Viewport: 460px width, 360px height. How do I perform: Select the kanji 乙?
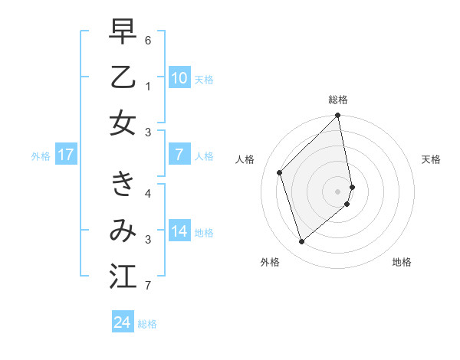pos(123,78)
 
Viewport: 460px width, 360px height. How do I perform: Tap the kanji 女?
pos(123,123)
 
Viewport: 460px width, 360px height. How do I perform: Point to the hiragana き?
pos(123,185)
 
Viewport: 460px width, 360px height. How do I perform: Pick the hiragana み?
pos(123,230)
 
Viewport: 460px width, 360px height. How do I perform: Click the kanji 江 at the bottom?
pos(123,275)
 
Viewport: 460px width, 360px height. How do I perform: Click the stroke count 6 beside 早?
pos(148,39)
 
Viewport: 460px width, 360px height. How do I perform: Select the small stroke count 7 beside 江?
pos(148,286)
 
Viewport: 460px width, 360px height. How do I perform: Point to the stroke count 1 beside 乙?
pos(148,86)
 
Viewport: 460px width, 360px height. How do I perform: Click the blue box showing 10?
pos(179,78)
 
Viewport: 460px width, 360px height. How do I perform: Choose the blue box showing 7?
pos(179,155)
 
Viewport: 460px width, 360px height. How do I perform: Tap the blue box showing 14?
pos(179,232)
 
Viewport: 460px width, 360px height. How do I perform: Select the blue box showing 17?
pos(66,155)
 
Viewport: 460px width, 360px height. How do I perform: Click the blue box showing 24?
pos(123,322)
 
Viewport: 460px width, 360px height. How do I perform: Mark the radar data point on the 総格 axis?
pos(338,116)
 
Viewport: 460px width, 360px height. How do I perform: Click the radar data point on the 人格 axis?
pos(280,172)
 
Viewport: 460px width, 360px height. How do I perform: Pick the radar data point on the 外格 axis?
pos(302,242)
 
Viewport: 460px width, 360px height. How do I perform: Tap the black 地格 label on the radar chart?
pos(402,262)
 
